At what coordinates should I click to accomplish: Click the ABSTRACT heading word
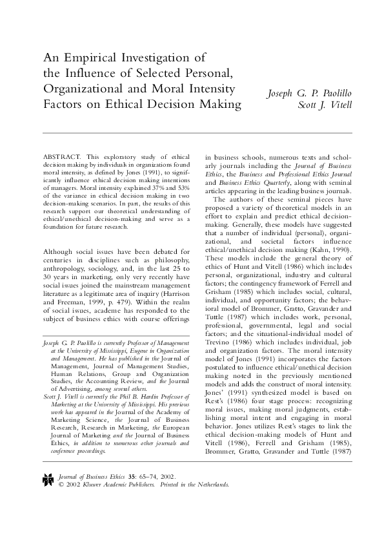click(61, 157)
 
